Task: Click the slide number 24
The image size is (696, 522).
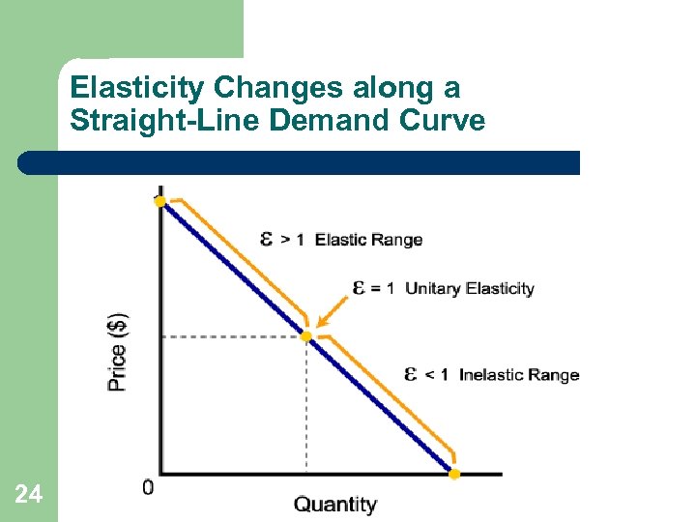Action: click(29, 495)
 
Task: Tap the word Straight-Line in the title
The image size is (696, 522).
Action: click(134, 121)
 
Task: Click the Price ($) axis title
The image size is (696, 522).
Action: click(117, 351)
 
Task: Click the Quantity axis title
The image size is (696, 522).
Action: click(335, 505)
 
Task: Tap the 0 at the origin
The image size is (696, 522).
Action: click(148, 487)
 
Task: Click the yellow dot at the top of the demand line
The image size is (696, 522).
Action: click(160, 201)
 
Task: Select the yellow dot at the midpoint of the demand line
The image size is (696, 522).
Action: click(306, 336)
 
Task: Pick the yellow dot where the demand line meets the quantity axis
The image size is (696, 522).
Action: click(454, 474)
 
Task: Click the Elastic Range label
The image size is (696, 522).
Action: click(368, 240)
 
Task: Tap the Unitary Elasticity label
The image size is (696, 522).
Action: click(469, 288)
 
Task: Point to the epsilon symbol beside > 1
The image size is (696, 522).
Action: click(268, 239)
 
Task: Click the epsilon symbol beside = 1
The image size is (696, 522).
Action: click(359, 287)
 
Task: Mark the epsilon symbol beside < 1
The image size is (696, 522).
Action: click(411, 374)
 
